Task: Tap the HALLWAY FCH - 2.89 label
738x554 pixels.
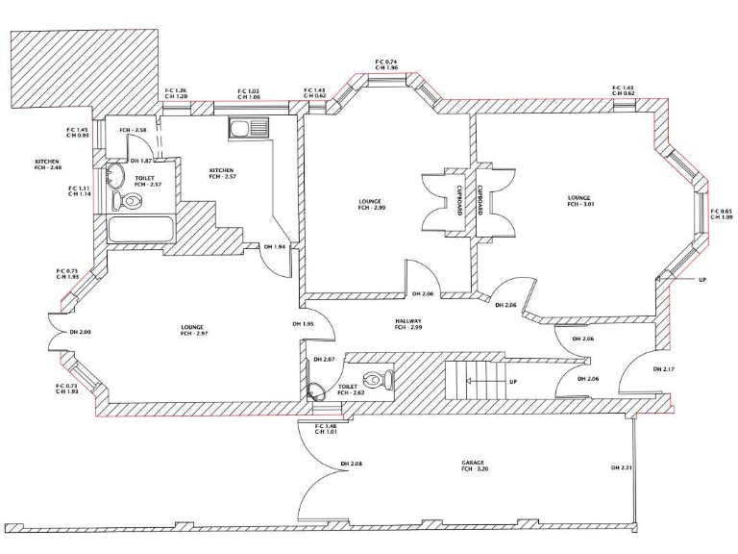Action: (x=407, y=324)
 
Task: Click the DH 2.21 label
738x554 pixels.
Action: (x=621, y=467)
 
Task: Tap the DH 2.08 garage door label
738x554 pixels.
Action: (x=350, y=466)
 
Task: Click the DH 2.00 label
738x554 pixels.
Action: (x=80, y=332)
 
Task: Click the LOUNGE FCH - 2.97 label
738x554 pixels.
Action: (x=192, y=330)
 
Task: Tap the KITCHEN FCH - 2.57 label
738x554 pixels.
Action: (x=222, y=174)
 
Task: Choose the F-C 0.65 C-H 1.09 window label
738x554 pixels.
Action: (x=721, y=214)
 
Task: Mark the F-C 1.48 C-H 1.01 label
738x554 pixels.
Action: (x=327, y=429)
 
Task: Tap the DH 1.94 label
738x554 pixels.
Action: (x=273, y=247)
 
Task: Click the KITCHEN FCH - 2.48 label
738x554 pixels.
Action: (x=48, y=164)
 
